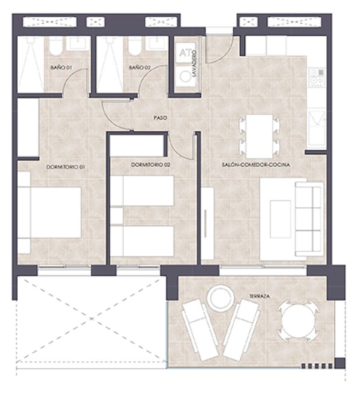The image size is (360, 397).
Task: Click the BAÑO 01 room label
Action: coord(61,68)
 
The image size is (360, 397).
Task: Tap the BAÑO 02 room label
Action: coord(140,68)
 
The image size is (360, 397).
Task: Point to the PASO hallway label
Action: coord(161,118)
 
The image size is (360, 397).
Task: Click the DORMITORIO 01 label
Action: coord(65,167)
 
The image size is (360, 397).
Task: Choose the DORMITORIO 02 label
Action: coord(151,165)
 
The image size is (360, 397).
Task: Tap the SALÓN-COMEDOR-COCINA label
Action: coord(256,165)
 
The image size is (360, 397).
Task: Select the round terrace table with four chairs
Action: coord(299,321)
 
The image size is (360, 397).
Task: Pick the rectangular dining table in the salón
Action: coord(259,136)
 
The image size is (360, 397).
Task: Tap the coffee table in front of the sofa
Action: coord(280,219)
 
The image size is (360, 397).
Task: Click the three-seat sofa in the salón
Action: coord(310,219)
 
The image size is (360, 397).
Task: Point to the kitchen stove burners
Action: coord(316,77)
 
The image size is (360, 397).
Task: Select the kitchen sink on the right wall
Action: coord(316,128)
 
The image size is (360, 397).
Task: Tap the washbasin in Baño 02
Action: coord(158,43)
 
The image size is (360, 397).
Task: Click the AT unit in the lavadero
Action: coord(185,53)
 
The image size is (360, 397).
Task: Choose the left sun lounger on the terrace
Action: coord(199,330)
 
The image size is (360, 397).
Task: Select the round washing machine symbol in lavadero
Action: coord(185,76)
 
